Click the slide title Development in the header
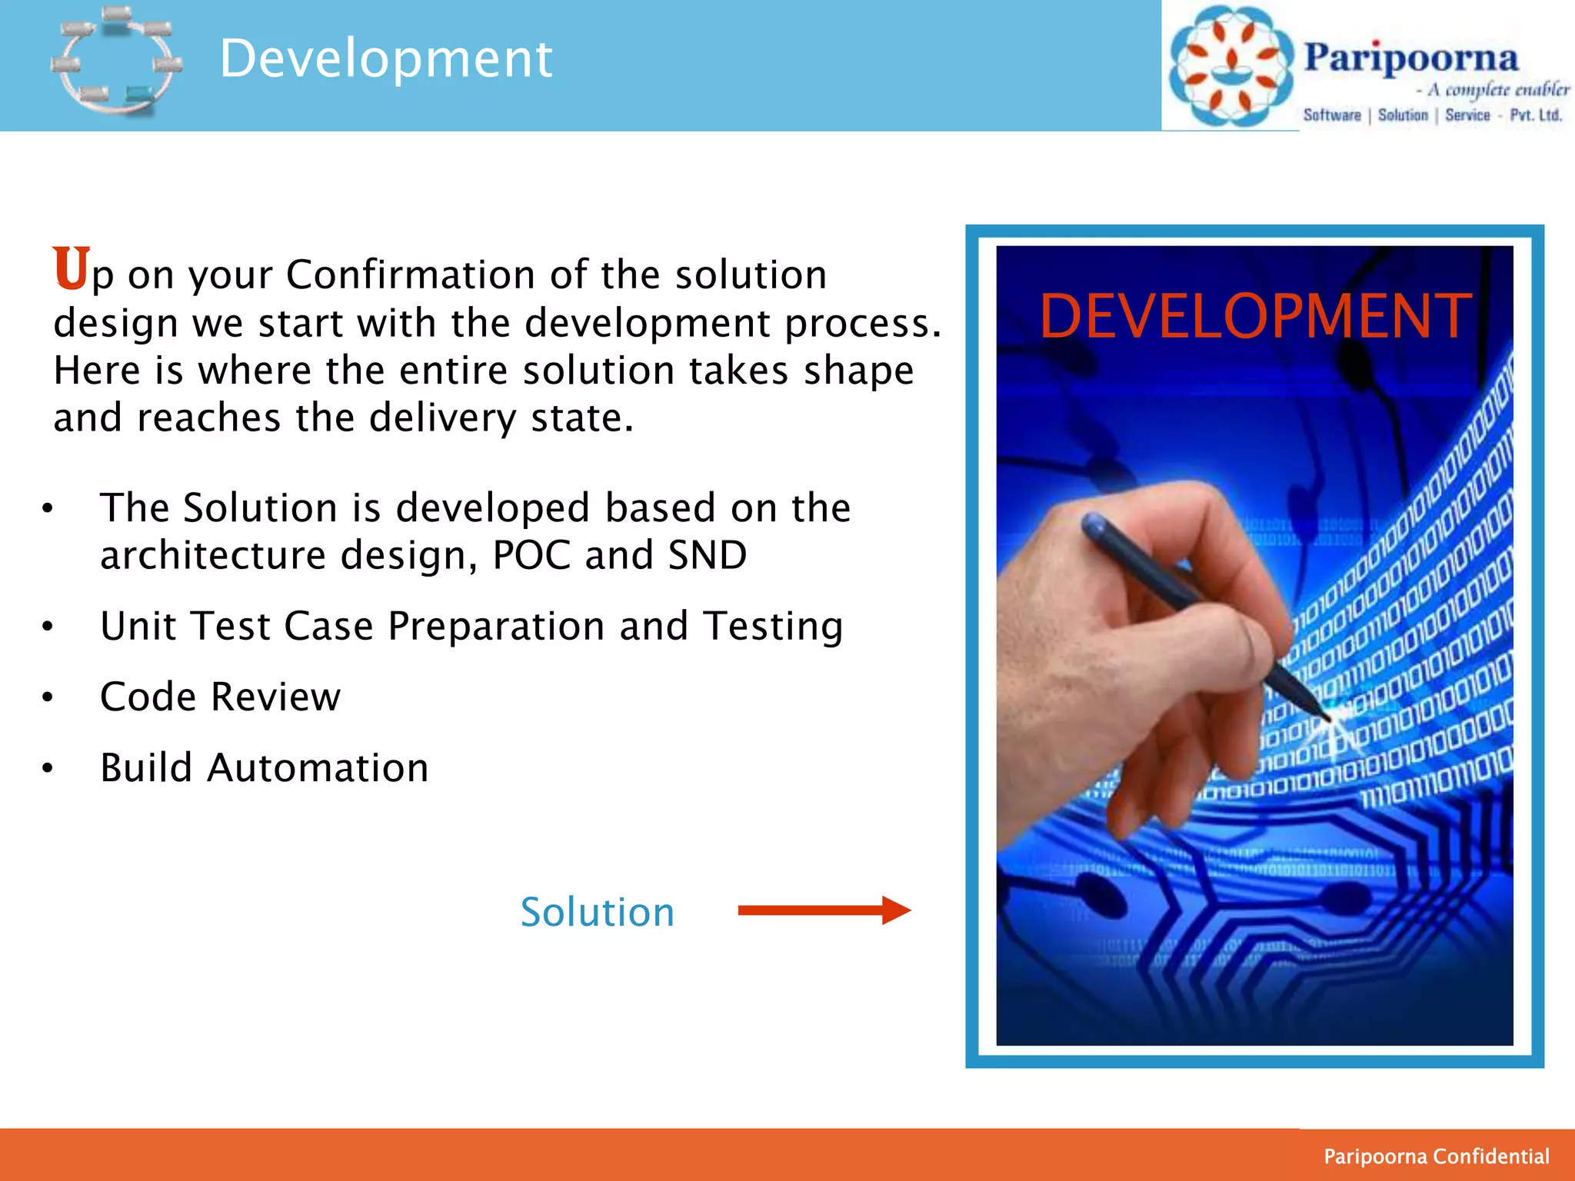point(386,58)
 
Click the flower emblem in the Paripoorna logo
point(1230,65)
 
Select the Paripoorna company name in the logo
point(1410,57)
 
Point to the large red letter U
point(72,268)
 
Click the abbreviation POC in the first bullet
point(531,554)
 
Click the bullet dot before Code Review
point(48,697)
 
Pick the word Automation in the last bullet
point(318,767)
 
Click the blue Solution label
point(597,912)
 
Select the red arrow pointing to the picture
point(824,910)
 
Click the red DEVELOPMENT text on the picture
point(1254,316)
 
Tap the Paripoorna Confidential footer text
point(1436,1156)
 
